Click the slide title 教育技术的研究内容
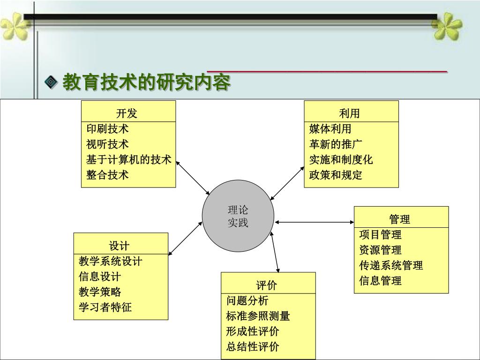(x=147, y=83)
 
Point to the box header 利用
(x=351, y=112)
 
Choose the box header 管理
(x=401, y=218)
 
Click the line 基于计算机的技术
(x=129, y=159)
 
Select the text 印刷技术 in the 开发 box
(x=108, y=128)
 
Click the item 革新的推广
(x=336, y=144)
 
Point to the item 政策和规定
(x=336, y=175)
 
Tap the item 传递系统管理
(x=391, y=265)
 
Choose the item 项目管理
(x=381, y=234)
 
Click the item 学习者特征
(x=105, y=307)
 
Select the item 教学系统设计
(x=111, y=261)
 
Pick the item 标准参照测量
(x=258, y=315)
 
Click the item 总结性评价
(x=253, y=346)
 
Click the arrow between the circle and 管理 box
(x=314, y=222)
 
